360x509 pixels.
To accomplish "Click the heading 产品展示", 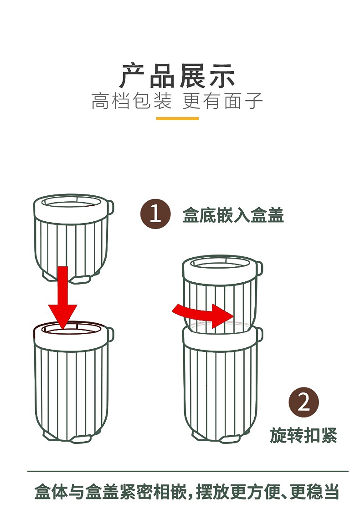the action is (x=177, y=76).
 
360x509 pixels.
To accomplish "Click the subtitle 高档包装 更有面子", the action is (x=177, y=101).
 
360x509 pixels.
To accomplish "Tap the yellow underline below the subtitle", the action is (x=177, y=118).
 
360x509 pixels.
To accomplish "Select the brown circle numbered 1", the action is (x=155, y=214).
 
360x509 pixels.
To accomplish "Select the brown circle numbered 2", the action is (x=303, y=402).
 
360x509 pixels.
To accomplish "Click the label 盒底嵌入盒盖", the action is (x=233, y=215).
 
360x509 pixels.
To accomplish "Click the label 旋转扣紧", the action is (x=303, y=435).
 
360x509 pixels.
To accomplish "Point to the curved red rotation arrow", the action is (x=203, y=315).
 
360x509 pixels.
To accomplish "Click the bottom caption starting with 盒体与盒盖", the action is (x=186, y=492).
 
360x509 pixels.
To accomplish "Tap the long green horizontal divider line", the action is (x=188, y=471).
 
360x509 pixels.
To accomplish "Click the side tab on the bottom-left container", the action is (x=110, y=335).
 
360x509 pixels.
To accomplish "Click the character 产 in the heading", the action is (x=132, y=76).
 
